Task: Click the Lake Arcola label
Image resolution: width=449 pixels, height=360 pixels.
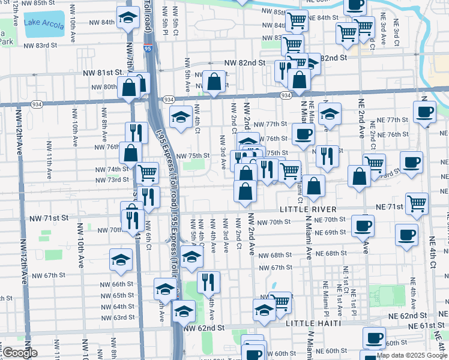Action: pos(44,24)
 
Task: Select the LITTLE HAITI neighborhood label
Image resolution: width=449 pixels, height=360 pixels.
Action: pos(309,323)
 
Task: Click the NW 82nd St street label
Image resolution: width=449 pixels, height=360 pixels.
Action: pos(245,62)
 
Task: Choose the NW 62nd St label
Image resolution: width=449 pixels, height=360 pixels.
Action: pos(203,329)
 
